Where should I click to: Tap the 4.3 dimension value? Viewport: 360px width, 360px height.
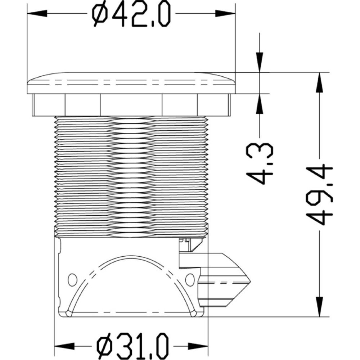click(260, 164)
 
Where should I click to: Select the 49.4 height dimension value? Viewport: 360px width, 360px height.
click(319, 194)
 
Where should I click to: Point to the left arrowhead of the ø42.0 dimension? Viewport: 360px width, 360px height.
click(37, 13)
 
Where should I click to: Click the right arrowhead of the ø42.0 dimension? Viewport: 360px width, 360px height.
click(225, 13)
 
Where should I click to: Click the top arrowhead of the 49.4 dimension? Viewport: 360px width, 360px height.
click(319, 83)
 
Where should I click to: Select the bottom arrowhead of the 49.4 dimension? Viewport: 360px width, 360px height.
click(319, 307)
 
